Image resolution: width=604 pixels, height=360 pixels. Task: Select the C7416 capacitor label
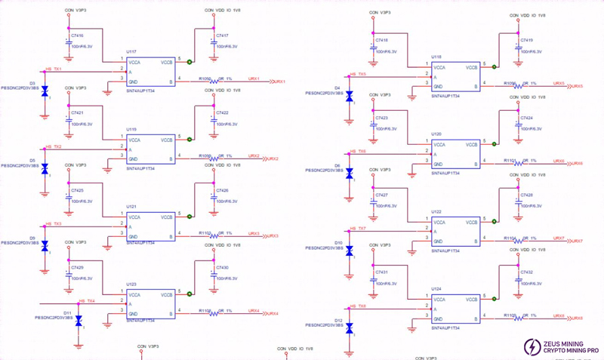[x=77, y=35]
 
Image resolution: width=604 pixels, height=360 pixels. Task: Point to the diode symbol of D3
[x=45, y=91]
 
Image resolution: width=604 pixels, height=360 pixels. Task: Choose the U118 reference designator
[x=436, y=57]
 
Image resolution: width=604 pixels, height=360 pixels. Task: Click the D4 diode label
[x=337, y=88]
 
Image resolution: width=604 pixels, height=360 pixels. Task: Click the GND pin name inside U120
[x=438, y=163]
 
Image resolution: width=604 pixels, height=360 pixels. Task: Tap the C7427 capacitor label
[x=382, y=195]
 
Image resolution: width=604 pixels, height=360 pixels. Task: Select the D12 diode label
[x=337, y=321]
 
